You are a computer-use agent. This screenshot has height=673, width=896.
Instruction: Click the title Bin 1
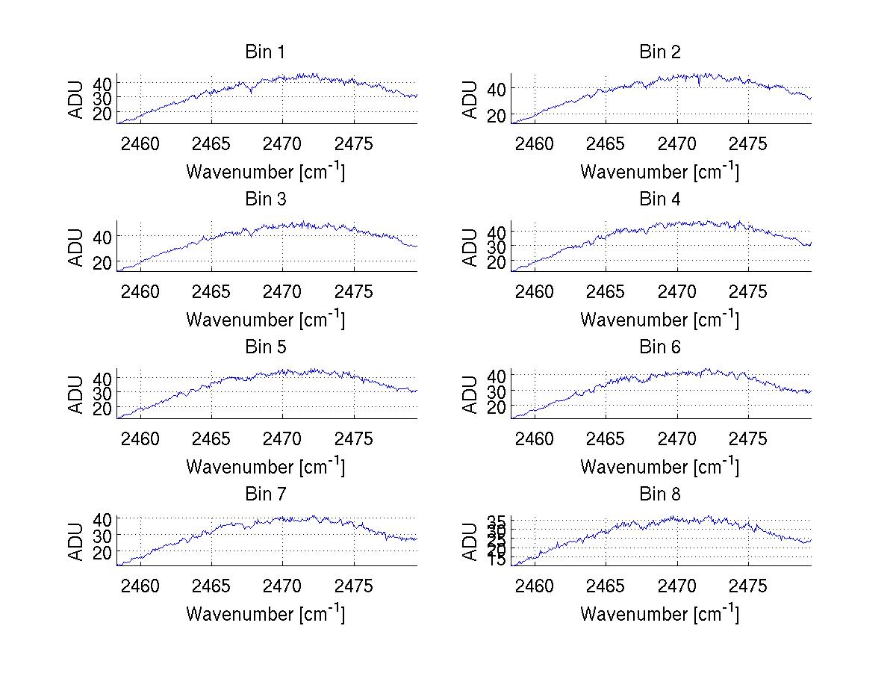click(264, 52)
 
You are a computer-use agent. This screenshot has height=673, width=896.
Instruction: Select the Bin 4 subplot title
click(660, 199)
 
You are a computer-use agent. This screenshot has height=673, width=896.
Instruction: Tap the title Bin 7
click(264, 494)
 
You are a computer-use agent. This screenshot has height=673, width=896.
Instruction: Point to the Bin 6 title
click(660, 347)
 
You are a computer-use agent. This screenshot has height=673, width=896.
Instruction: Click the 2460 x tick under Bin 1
click(140, 144)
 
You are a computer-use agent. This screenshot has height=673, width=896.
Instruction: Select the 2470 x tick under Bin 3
click(283, 291)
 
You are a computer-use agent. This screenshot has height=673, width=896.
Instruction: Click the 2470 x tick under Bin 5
click(283, 438)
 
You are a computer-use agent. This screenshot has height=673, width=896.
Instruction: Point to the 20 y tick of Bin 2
click(497, 115)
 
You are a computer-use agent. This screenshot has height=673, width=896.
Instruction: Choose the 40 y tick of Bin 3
click(102, 236)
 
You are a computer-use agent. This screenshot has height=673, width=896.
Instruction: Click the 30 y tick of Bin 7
click(102, 536)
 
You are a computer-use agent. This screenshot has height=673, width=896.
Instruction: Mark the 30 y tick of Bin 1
click(102, 98)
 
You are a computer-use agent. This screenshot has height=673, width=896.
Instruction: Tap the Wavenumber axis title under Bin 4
click(660, 319)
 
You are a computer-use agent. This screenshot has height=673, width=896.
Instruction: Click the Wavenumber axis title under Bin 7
click(265, 613)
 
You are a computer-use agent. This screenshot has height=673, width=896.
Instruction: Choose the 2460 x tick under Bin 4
click(535, 291)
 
